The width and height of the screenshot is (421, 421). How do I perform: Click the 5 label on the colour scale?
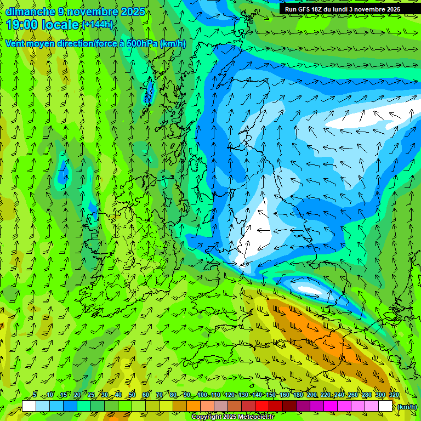coord(35,395)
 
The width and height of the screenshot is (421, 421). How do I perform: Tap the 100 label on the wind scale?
coord(202,395)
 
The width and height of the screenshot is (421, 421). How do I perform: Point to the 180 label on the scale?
coord(298,395)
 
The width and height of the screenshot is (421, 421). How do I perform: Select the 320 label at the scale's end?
coord(394,395)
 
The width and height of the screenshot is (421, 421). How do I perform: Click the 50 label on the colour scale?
coord(132,395)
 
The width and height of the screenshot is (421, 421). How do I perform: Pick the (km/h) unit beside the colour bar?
coord(407,406)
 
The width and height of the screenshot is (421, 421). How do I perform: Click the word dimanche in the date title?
coord(30,12)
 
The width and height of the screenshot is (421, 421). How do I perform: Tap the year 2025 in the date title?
coord(133,12)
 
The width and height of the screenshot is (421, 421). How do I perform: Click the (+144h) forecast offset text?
coord(97,24)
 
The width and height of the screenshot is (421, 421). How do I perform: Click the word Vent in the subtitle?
coord(15,43)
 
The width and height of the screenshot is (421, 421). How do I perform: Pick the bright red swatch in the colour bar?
coord(262,406)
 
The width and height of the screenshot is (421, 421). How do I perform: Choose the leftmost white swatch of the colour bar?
coord(29,406)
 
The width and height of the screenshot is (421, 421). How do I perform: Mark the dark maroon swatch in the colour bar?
coord(289,406)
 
